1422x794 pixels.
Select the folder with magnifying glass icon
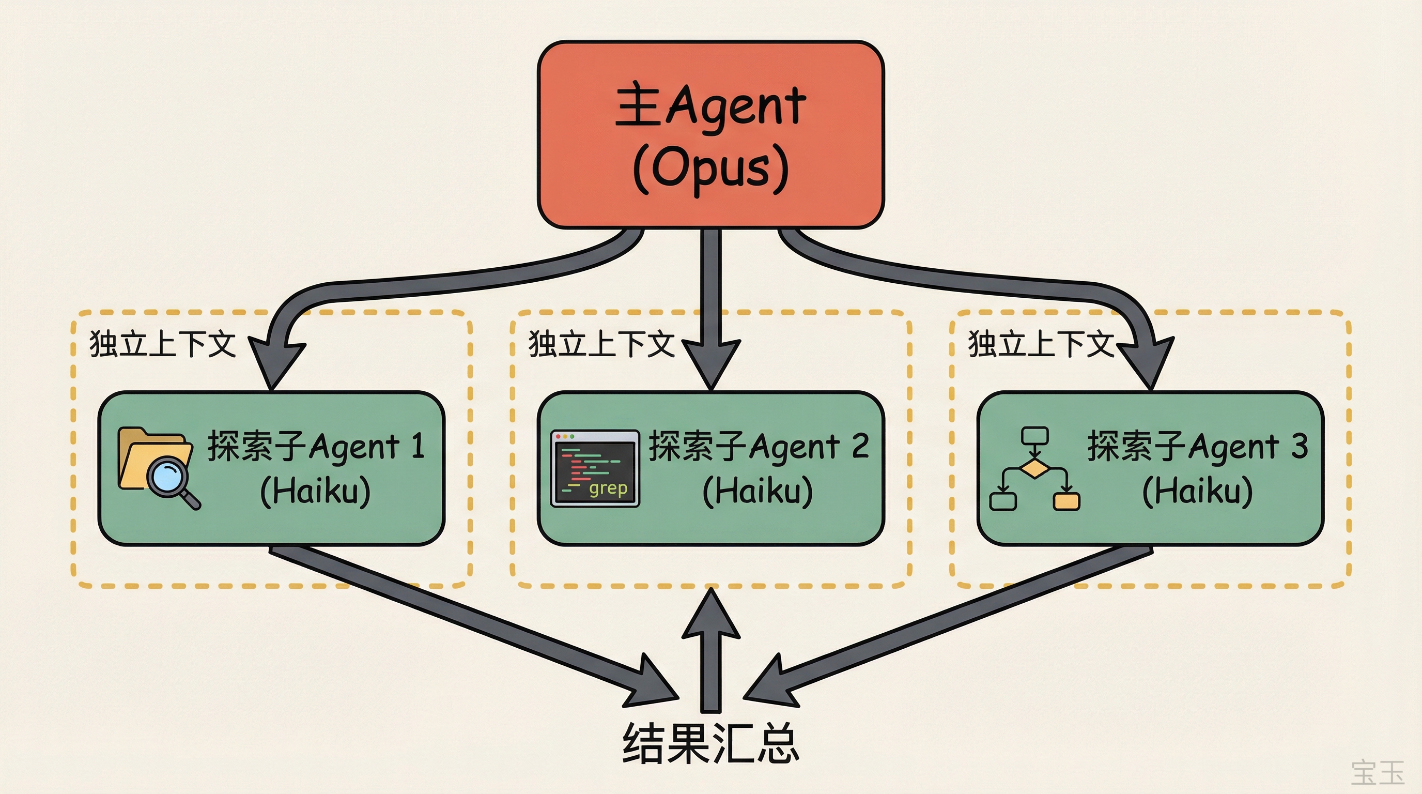[157, 467]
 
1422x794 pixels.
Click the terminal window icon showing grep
[595, 468]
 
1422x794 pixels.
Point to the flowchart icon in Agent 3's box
[1034, 468]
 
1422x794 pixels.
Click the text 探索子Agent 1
[316, 446]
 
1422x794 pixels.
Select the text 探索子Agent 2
[759, 446]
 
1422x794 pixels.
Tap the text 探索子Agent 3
[1197, 446]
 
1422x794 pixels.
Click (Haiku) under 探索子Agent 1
[315, 491]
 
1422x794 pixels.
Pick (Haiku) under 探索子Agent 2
[758, 491]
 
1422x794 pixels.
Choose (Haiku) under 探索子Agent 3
[1197, 491]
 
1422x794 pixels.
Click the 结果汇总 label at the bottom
[710, 744]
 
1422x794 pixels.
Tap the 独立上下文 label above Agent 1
[162, 343]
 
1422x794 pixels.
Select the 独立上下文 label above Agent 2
[601, 343]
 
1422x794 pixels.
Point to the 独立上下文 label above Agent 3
[1041, 343]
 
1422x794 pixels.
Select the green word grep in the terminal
[608, 488]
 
